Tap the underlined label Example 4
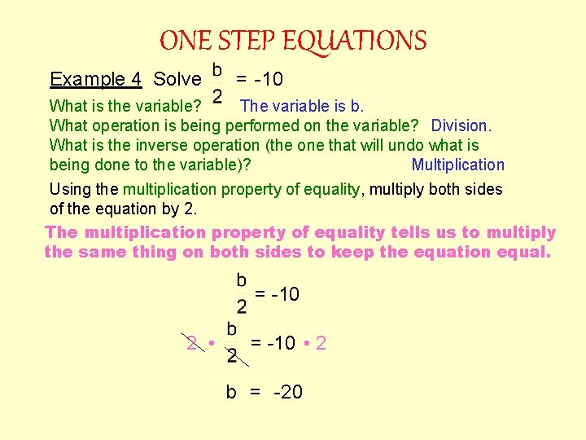95,79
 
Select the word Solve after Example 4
177,79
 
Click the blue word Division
461,125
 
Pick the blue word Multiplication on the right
458,165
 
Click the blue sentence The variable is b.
303,105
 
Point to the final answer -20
288,392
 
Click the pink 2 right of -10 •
321,343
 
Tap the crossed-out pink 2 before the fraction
191,343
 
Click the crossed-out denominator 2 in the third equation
232,356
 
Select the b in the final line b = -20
231,392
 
